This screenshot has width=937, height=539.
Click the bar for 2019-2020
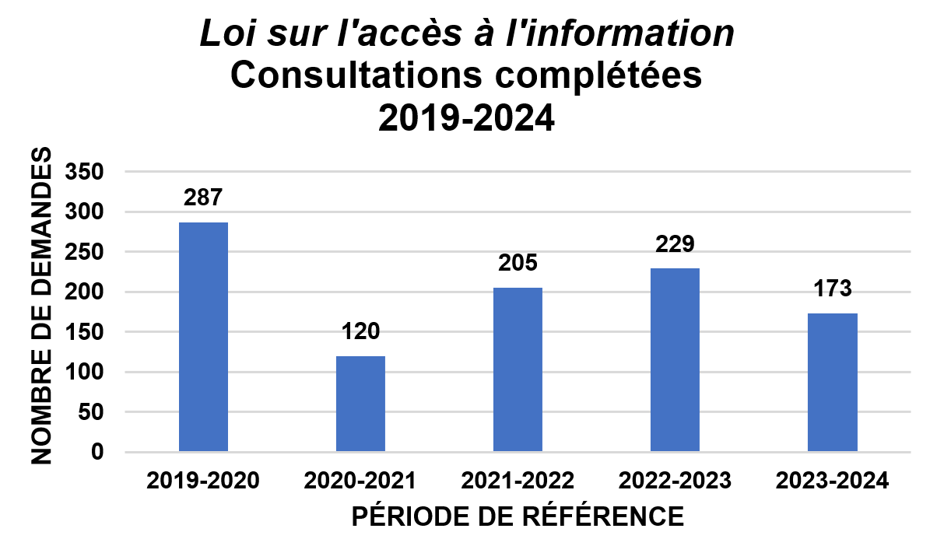pos(203,337)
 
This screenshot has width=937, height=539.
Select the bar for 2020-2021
pos(360,404)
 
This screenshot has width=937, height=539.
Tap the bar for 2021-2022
pos(518,369)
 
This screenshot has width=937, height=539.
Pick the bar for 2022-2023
pos(675,359)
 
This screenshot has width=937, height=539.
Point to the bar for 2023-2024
pos(832,382)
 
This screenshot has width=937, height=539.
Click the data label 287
pos(204,197)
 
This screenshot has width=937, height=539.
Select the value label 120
pos(360,331)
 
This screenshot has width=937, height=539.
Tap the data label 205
pos(518,263)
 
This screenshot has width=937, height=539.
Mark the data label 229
pos(675,243)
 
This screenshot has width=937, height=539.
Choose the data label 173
pos(832,289)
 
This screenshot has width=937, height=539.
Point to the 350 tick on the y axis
pos(86,172)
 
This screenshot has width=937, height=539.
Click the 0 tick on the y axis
pos(97,452)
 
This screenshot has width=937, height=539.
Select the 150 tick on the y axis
pos(86,332)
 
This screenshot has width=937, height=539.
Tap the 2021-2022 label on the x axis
pos(518,481)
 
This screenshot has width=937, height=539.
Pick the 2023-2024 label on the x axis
pos(832,481)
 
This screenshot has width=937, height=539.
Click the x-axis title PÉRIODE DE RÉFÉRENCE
pos(518,516)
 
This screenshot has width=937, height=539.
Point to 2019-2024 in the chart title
pos(467,119)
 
